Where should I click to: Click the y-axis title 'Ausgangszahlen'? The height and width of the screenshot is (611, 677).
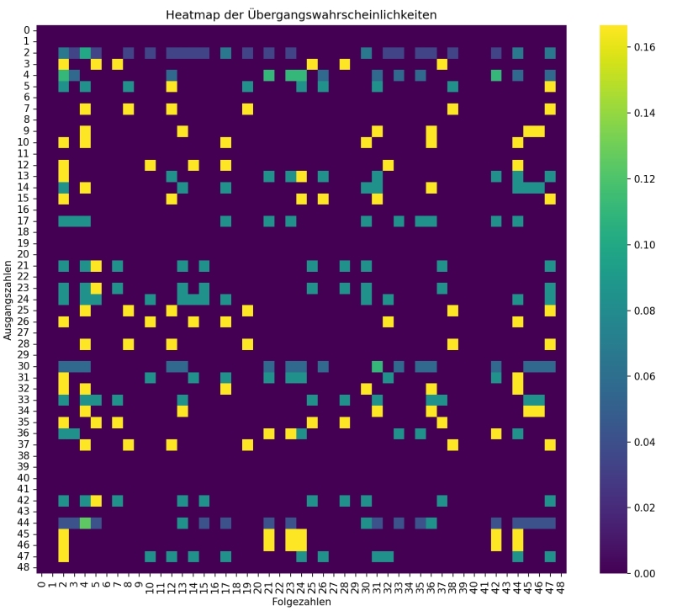(x=8, y=299)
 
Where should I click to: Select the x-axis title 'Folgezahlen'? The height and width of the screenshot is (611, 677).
(x=302, y=603)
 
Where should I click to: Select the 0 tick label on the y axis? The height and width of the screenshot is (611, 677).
(x=27, y=30)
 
